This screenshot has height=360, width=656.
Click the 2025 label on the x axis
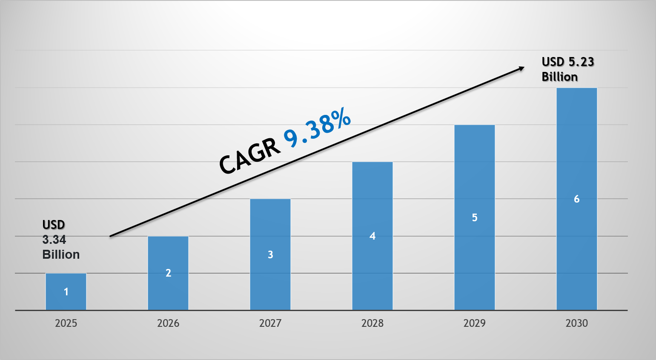[x=66, y=323]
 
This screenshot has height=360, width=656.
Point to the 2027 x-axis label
[x=270, y=323]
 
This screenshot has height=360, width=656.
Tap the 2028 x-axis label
[x=372, y=323]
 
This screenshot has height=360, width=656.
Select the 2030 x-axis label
[x=577, y=323]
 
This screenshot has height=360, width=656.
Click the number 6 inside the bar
[x=577, y=199]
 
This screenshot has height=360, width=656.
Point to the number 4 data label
[x=372, y=236]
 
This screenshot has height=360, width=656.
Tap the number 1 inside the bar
[x=66, y=292]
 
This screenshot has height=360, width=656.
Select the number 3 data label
[x=270, y=254]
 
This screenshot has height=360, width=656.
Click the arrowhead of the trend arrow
[x=521, y=68]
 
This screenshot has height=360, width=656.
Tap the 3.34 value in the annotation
[x=54, y=240]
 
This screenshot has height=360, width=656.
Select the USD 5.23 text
[x=567, y=62]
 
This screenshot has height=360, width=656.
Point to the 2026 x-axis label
[x=168, y=323]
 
